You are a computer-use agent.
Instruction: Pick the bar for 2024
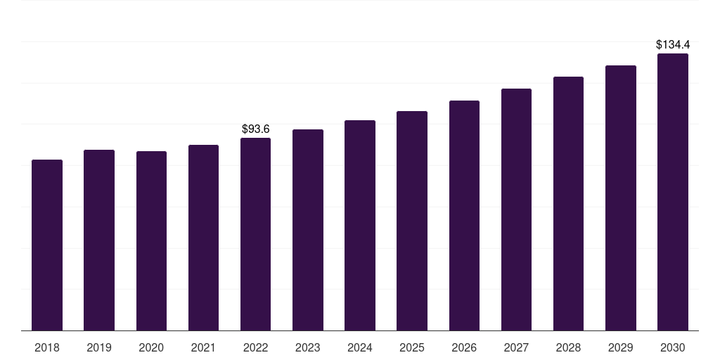pyautogui.click(x=360, y=225)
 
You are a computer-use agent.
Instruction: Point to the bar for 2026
pyautogui.click(x=464, y=215)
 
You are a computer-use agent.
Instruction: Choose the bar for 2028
pyautogui.click(x=568, y=203)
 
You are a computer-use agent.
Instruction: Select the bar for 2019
pyautogui.click(x=99, y=240)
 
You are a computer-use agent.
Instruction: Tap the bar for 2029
pyautogui.click(x=621, y=198)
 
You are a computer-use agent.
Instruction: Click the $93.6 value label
pyautogui.click(x=256, y=129)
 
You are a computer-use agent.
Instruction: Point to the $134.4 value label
pyautogui.click(x=673, y=45)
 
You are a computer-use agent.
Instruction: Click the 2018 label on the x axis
pyautogui.click(x=47, y=347)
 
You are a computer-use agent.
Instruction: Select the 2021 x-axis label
pyautogui.click(x=203, y=347)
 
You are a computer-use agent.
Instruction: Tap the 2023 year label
pyautogui.click(x=308, y=347)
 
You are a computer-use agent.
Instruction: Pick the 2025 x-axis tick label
pyautogui.click(x=412, y=347)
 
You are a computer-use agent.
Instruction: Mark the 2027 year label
pyautogui.click(x=516, y=347)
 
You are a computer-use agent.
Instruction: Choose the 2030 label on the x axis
pyautogui.click(x=673, y=347)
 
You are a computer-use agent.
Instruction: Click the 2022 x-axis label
pyautogui.click(x=255, y=347)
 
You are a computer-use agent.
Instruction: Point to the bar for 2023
pyautogui.click(x=308, y=230)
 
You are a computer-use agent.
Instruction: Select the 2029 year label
pyautogui.click(x=621, y=347)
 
